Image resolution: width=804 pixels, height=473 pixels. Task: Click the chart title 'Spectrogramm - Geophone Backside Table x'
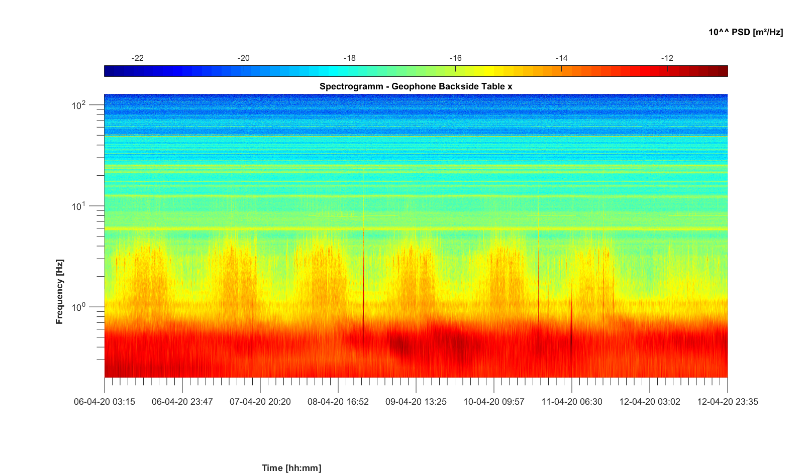(416, 86)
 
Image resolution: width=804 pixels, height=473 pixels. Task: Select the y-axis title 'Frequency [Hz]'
(60, 292)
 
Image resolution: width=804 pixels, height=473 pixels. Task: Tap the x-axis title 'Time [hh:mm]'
(291, 468)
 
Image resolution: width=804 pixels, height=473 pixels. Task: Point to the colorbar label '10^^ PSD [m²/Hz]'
(746, 32)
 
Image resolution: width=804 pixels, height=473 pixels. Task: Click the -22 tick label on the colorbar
(137, 58)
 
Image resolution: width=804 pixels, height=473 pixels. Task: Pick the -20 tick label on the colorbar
(243, 58)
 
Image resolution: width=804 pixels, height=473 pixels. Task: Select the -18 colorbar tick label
(349, 58)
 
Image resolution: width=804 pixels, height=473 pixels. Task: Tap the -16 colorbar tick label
(455, 58)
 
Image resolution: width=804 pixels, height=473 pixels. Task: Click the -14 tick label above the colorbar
(561, 58)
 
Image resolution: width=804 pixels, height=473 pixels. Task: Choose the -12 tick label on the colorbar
(667, 58)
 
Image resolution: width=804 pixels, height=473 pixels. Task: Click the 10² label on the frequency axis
(79, 105)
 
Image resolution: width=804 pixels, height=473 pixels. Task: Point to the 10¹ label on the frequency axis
(79, 206)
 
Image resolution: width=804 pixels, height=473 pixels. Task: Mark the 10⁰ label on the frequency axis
(79, 307)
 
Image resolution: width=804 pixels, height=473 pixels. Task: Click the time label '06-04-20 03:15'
(105, 402)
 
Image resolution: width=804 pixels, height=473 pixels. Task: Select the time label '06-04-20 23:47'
(182, 402)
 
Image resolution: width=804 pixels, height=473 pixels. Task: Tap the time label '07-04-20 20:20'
(260, 402)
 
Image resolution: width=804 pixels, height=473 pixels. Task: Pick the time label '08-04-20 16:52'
(338, 402)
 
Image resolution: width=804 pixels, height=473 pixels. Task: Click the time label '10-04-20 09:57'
(494, 402)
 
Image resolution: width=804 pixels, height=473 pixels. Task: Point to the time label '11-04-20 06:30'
(572, 402)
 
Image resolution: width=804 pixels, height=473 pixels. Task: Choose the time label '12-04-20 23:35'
(728, 402)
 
